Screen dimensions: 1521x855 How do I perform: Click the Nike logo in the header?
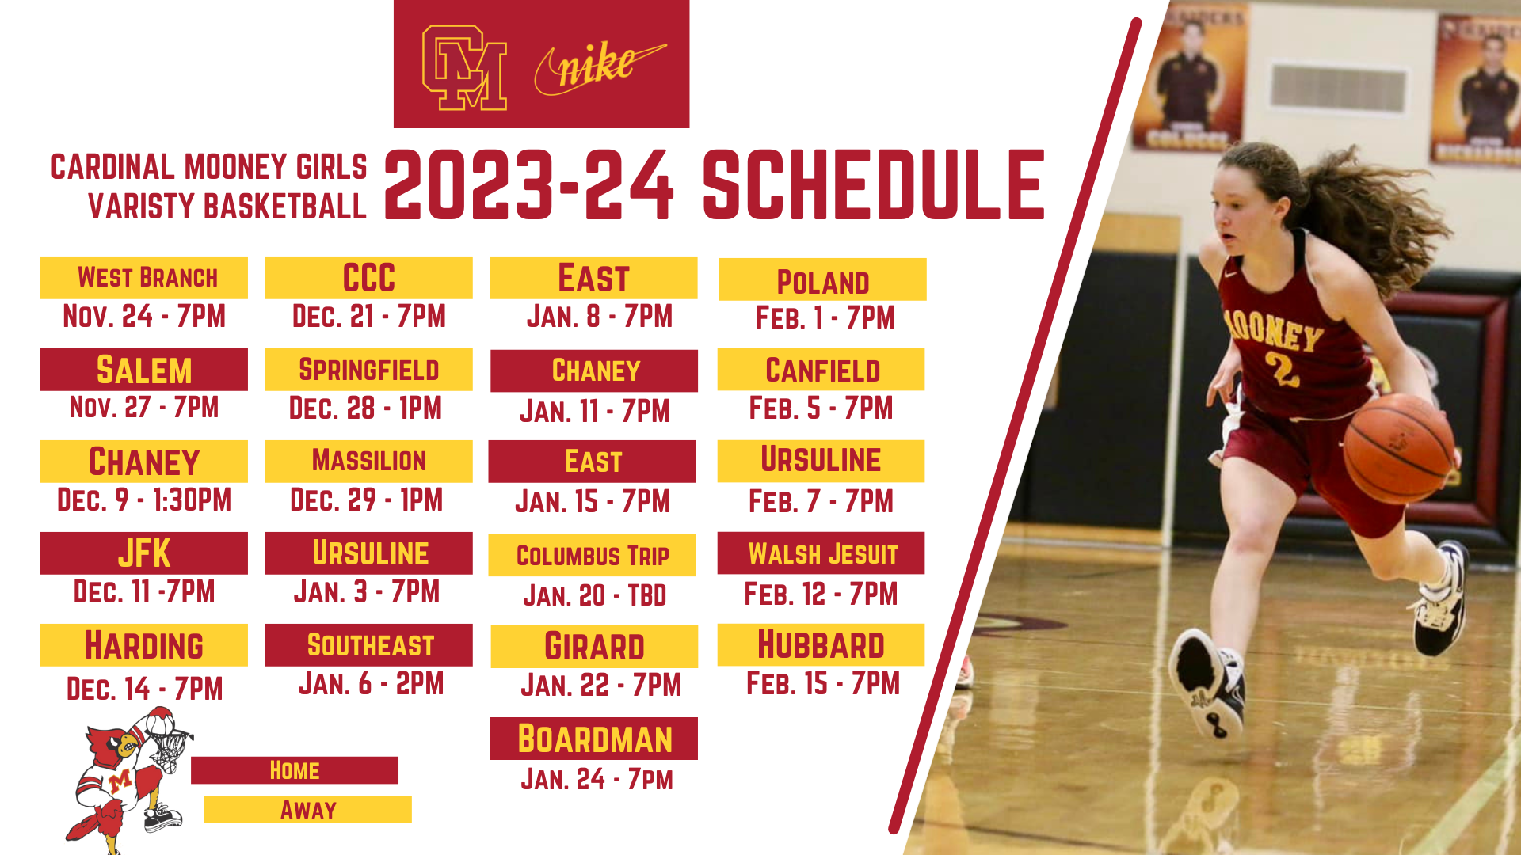(x=600, y=67)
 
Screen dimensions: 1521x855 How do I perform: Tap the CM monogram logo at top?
(x=464, y=68)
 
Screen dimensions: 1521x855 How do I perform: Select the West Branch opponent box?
(x=144, y=278)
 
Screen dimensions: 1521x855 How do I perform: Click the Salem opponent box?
(x=144, y=370)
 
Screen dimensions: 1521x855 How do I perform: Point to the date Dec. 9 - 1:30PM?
(x=144, y=500)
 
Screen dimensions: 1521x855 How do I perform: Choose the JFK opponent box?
(x=144, y=553)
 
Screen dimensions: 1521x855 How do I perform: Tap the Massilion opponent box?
(x=369, y=462)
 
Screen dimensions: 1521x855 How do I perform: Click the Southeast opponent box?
(x=369, y=645)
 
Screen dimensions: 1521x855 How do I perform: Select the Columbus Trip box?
(x=593, y=556)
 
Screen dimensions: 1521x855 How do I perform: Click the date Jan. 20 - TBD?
(x=595, y=595)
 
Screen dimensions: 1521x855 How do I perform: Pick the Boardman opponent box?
(x=594, y=739)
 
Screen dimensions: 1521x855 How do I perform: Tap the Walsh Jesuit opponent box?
(x=821, y=553)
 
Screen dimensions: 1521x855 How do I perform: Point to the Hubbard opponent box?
(x=821, y=645)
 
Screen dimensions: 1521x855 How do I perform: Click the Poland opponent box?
(x=823, y=279)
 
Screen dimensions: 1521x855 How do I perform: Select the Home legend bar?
(x=295, y=770)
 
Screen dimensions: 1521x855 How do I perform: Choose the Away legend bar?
(x=308, y=810)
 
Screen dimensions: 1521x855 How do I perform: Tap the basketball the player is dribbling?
(x=1400, y=448)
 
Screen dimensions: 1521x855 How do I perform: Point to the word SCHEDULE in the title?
(x=874, y=185)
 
